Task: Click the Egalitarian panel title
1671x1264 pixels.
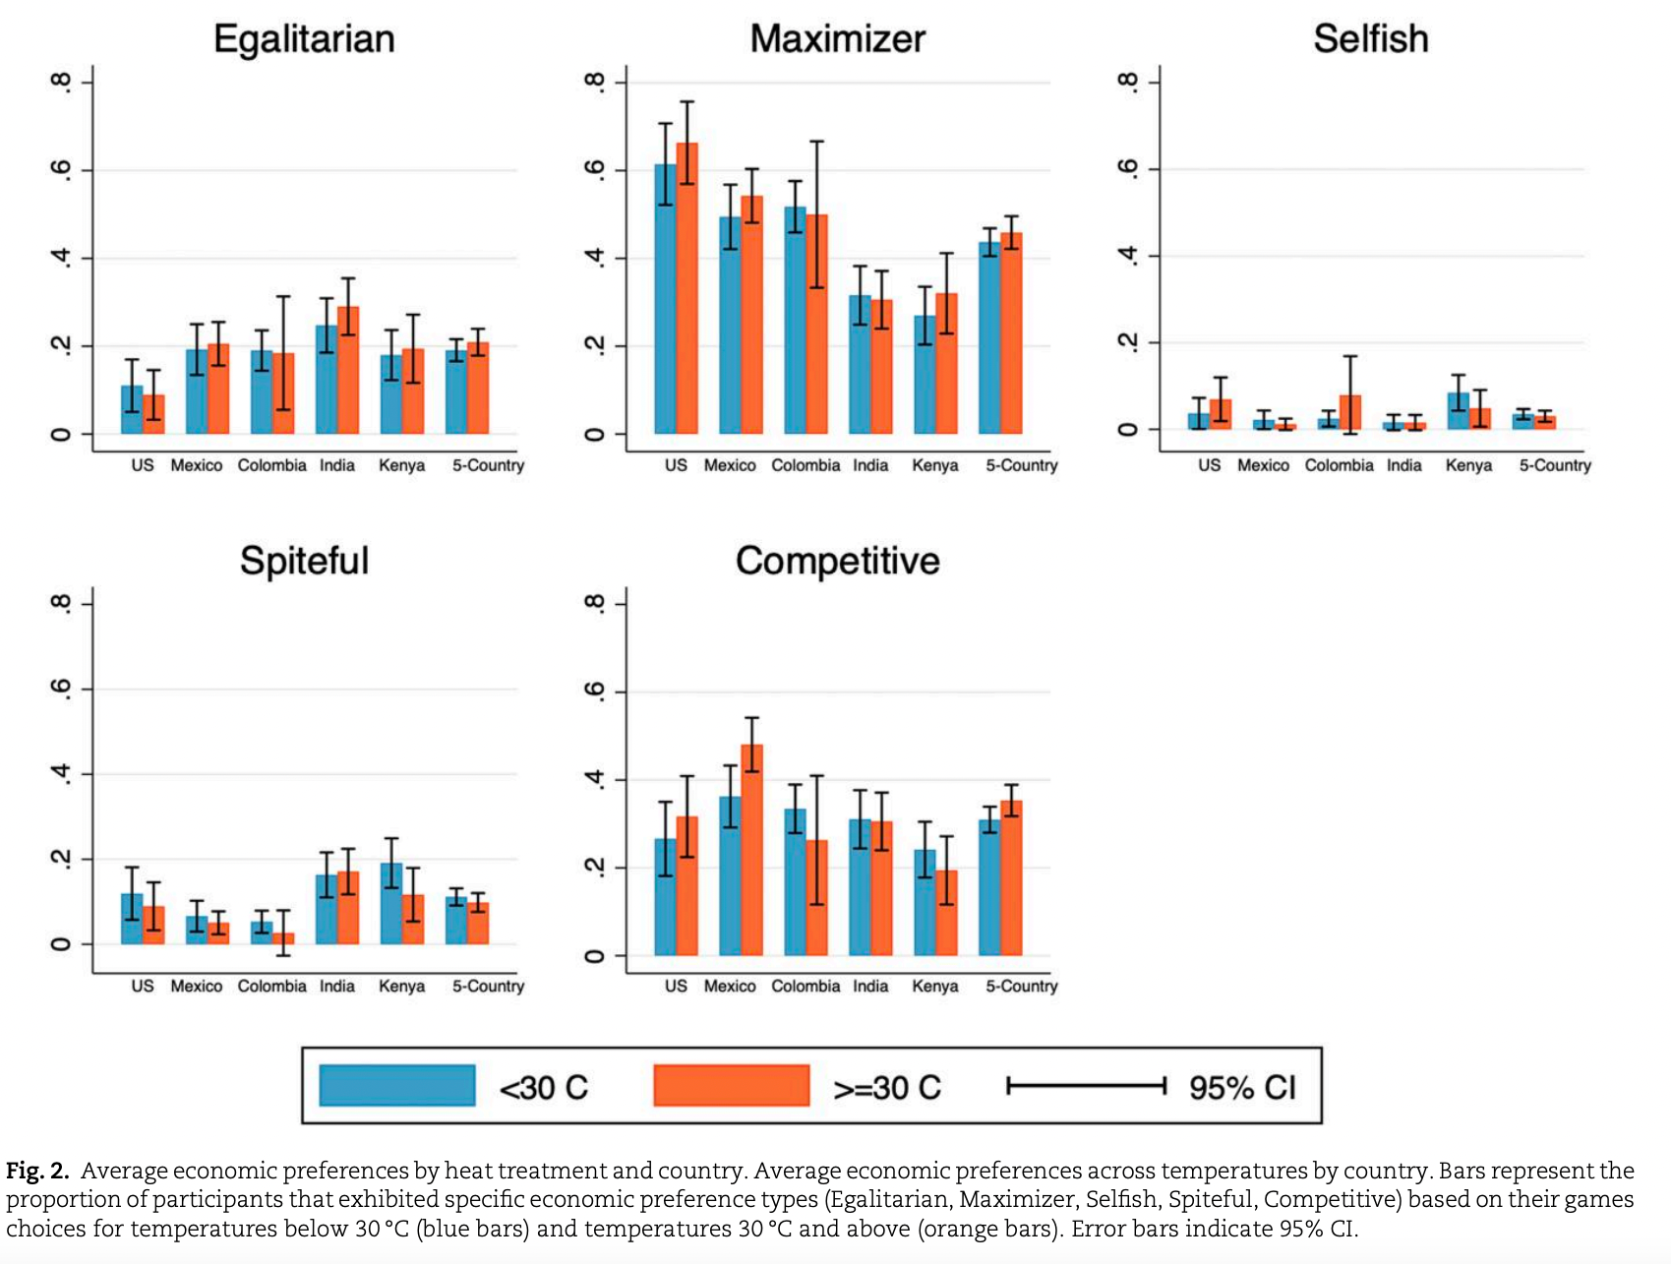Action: (304, 39)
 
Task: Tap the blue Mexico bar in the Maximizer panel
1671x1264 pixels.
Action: (730, 325)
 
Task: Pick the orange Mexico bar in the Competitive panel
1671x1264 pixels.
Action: (751, 850)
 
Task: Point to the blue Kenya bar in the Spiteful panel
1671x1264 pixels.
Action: (391, 904)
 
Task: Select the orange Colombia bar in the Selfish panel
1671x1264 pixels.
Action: (1350, 413)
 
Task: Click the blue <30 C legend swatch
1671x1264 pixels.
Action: (397, 1085)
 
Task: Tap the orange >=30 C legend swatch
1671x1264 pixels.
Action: (731, 1085)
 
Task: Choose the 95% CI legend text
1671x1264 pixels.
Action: (1242, 1087)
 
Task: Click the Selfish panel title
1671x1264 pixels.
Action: (1371, 39)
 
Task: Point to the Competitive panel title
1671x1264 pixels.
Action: (837, 561)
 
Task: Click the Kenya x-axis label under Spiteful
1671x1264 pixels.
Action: (401, 986)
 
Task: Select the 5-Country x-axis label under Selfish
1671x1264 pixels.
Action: (1554, 465)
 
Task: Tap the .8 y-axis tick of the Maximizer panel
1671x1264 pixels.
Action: (594, 82)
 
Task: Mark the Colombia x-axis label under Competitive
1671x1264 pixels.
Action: (806, 986)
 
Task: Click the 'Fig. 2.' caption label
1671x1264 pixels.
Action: (37, 1171)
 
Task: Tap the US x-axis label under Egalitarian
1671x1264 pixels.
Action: (143, 465)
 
